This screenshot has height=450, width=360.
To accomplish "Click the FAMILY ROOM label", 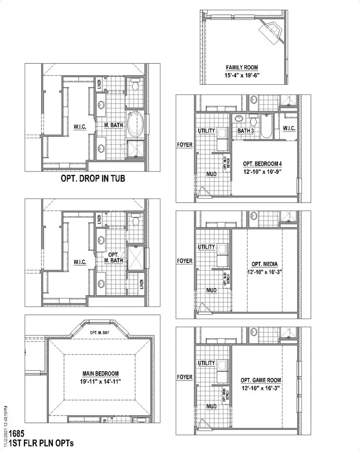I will (x=242, y=68).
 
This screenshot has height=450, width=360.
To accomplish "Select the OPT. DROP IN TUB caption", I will (x=92, y=178).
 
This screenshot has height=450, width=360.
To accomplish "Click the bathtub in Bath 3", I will (x=266, y=127).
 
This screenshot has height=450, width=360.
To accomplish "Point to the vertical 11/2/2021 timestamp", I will (x=5, y=421).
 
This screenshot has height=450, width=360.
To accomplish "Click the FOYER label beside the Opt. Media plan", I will (x=184, y=261).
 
